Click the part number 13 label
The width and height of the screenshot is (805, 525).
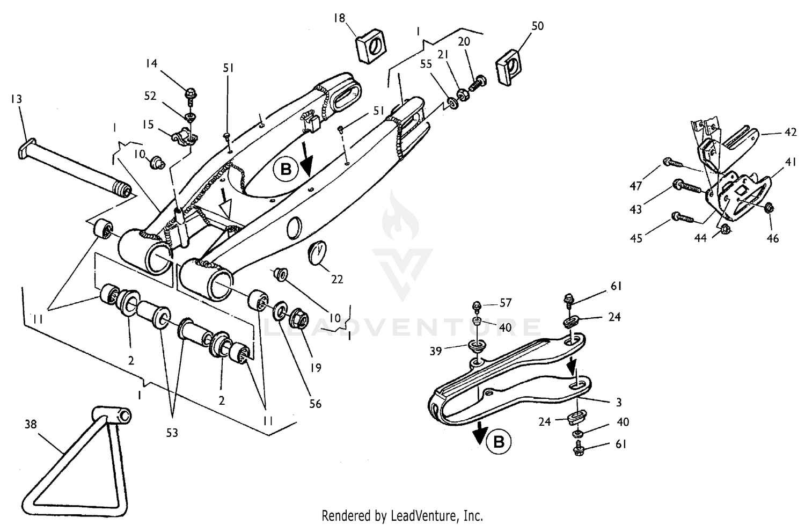[16, 99]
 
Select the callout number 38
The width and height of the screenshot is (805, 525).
[31, 425]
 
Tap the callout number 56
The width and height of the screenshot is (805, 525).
[316, 403]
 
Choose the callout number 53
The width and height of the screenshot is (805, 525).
[172, 433]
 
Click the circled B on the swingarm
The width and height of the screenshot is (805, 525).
[286, 170]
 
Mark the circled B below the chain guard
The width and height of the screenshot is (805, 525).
[499, 442]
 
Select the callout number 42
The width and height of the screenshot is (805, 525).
[790, 132]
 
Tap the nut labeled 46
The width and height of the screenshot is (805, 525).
[769, 208]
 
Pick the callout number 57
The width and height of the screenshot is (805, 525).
[505, 303]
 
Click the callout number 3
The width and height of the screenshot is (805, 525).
[619, 402]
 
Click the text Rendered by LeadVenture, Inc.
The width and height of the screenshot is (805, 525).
[402, 516]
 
